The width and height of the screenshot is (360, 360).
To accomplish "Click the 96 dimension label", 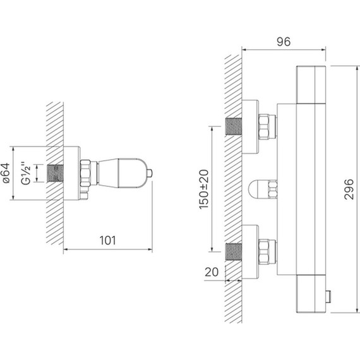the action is coord(284,42).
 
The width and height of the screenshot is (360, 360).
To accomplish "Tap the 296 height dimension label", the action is coord(349,189).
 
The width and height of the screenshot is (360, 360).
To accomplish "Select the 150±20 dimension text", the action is coord(203,189).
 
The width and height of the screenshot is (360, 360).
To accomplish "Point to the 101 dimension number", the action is coord(107,241).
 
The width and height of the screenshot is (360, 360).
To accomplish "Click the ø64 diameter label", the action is coord(6,173).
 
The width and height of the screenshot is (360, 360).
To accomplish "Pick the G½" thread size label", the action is coord(26,173).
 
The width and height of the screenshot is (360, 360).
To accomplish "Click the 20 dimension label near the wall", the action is coord(212,272).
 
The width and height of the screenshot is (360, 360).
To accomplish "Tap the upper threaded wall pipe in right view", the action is coord(234,126).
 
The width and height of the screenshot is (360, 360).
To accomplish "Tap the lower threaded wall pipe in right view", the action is coord(234,251).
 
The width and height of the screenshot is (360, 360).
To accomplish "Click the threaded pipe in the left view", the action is coord(56,173).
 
